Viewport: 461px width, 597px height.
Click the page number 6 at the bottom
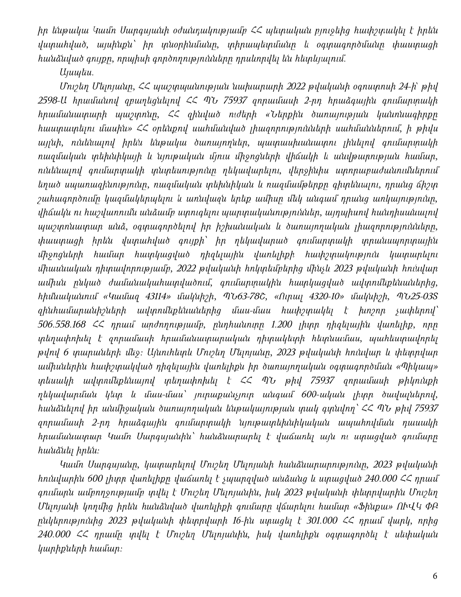pyautogui.click(x=435, y=576)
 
